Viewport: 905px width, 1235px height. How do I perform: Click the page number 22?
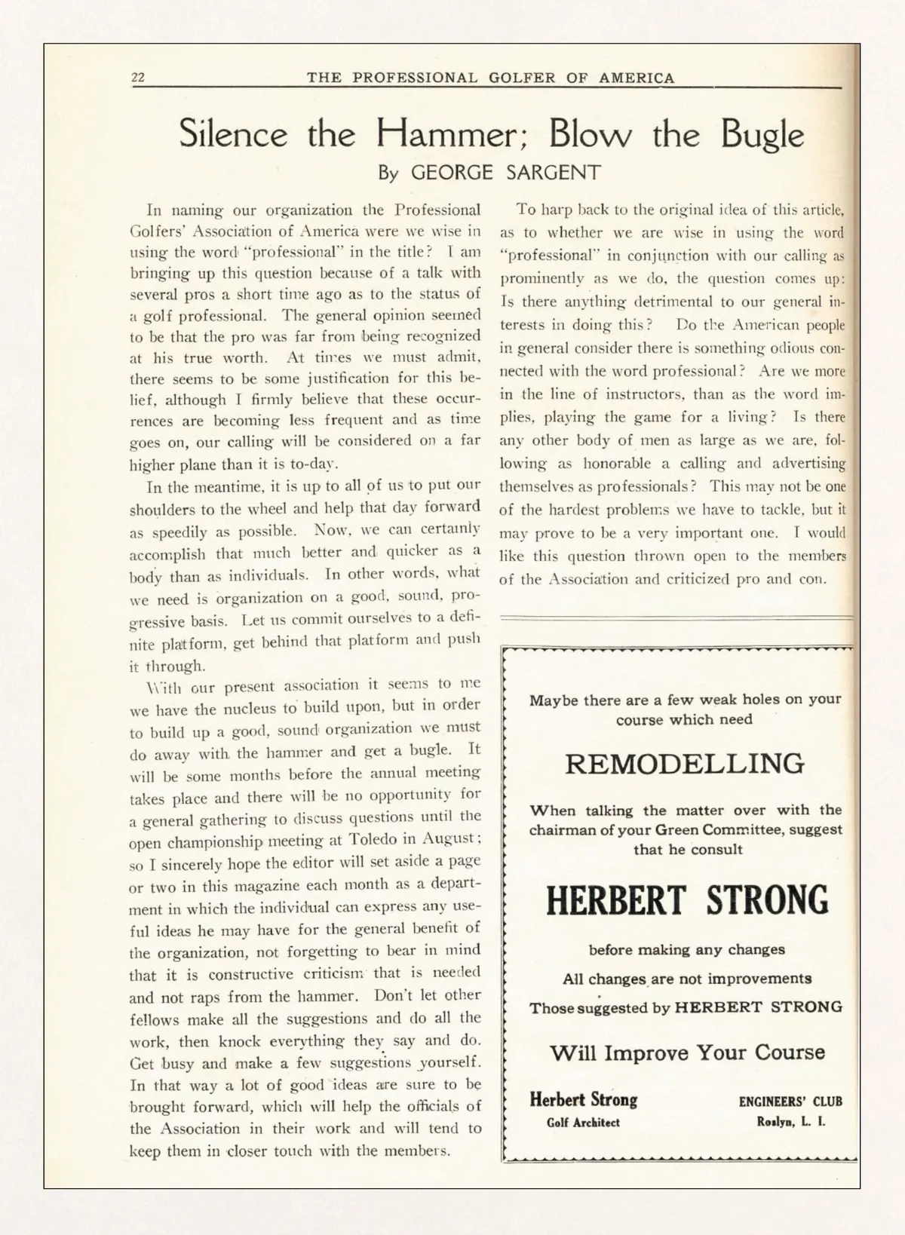138,78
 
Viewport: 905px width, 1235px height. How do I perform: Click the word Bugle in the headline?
762,135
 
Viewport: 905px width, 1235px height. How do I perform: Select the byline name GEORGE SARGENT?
505,173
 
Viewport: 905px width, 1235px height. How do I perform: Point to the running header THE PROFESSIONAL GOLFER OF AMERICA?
490,78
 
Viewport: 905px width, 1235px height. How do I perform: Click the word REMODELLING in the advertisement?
685,764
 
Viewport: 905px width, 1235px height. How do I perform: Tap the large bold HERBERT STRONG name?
686,900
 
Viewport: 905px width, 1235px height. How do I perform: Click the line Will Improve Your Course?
687,1053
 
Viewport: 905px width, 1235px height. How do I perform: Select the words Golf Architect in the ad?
583,1122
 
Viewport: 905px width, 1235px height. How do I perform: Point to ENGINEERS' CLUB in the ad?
790,1102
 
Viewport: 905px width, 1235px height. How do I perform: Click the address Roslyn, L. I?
791,1121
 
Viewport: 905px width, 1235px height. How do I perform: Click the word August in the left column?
448,838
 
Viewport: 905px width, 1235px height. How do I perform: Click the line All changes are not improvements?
686,979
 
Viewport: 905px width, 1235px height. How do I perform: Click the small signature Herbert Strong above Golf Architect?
583,1099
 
